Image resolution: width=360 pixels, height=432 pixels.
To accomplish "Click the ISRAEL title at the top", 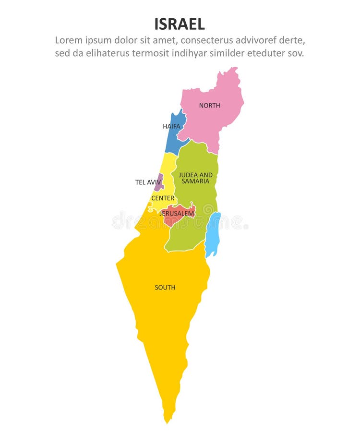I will [180, 24].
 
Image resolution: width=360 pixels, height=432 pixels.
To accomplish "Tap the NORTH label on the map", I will [210, 105].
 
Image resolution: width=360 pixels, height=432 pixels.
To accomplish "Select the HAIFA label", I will [171, 126].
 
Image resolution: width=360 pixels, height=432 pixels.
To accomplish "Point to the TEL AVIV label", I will [148, 182].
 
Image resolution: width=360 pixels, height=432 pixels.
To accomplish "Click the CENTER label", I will [163, 198].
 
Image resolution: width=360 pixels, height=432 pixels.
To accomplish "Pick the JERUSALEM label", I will [177, 213].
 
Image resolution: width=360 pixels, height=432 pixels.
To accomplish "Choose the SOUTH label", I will [165, 288].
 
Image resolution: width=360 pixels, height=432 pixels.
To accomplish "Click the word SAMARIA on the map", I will [195, 181].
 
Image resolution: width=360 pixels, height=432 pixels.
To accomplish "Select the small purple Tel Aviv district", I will [159, 182].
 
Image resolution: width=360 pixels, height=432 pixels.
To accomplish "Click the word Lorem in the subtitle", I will [68, 40].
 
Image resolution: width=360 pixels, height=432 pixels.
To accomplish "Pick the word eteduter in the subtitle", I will [266, 53].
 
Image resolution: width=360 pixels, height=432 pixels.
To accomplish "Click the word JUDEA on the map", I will [188, 175].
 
